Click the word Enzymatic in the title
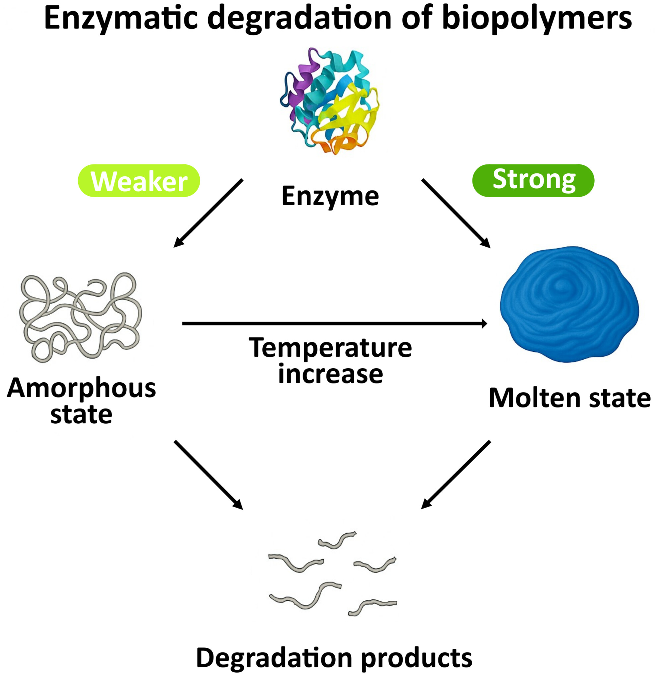[121, 18]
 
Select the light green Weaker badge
[139, 181]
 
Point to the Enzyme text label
[330, 196]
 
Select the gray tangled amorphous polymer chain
[80, 316]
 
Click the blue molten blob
[568, 304]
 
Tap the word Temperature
[330, 348]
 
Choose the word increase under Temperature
[330, 374]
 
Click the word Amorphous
[81, 388]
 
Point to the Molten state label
[569, 398]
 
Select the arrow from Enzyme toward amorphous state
[208, 213]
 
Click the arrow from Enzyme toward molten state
[456, 213]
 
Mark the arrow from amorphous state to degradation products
[208, 475]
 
